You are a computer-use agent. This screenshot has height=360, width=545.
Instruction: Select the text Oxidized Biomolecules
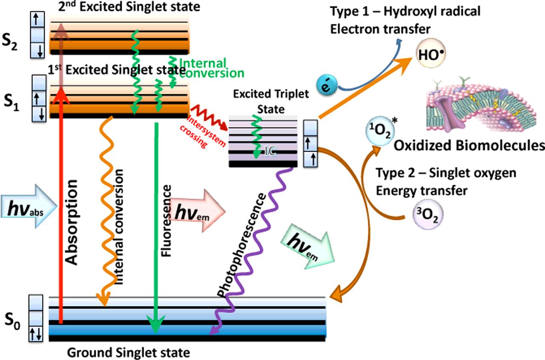pyautogui.click(x=469, y=145)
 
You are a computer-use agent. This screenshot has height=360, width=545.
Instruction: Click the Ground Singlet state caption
pyautogui.click(x=128, y=353)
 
